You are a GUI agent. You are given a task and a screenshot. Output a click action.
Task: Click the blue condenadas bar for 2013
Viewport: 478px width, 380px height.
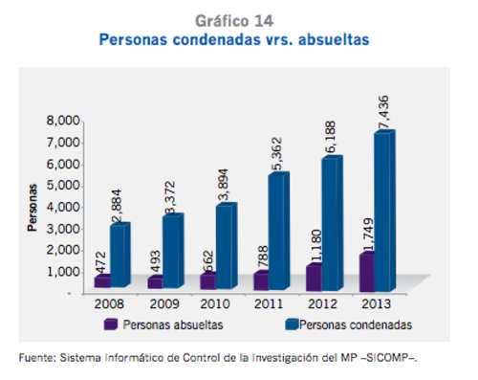tap(382, 211)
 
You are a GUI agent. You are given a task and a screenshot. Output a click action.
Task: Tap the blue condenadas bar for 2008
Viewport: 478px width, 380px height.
tap(119, 256)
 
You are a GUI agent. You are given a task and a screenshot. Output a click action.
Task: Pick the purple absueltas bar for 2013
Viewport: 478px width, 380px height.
tap(364, 271)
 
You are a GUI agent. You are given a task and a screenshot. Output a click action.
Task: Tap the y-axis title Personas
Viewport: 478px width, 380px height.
tap(32, 208)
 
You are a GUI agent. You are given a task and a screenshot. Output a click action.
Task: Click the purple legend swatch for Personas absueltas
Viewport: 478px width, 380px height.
tap(111, 324)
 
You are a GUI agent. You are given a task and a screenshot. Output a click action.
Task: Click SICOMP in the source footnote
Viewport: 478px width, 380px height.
tap(390, 358)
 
